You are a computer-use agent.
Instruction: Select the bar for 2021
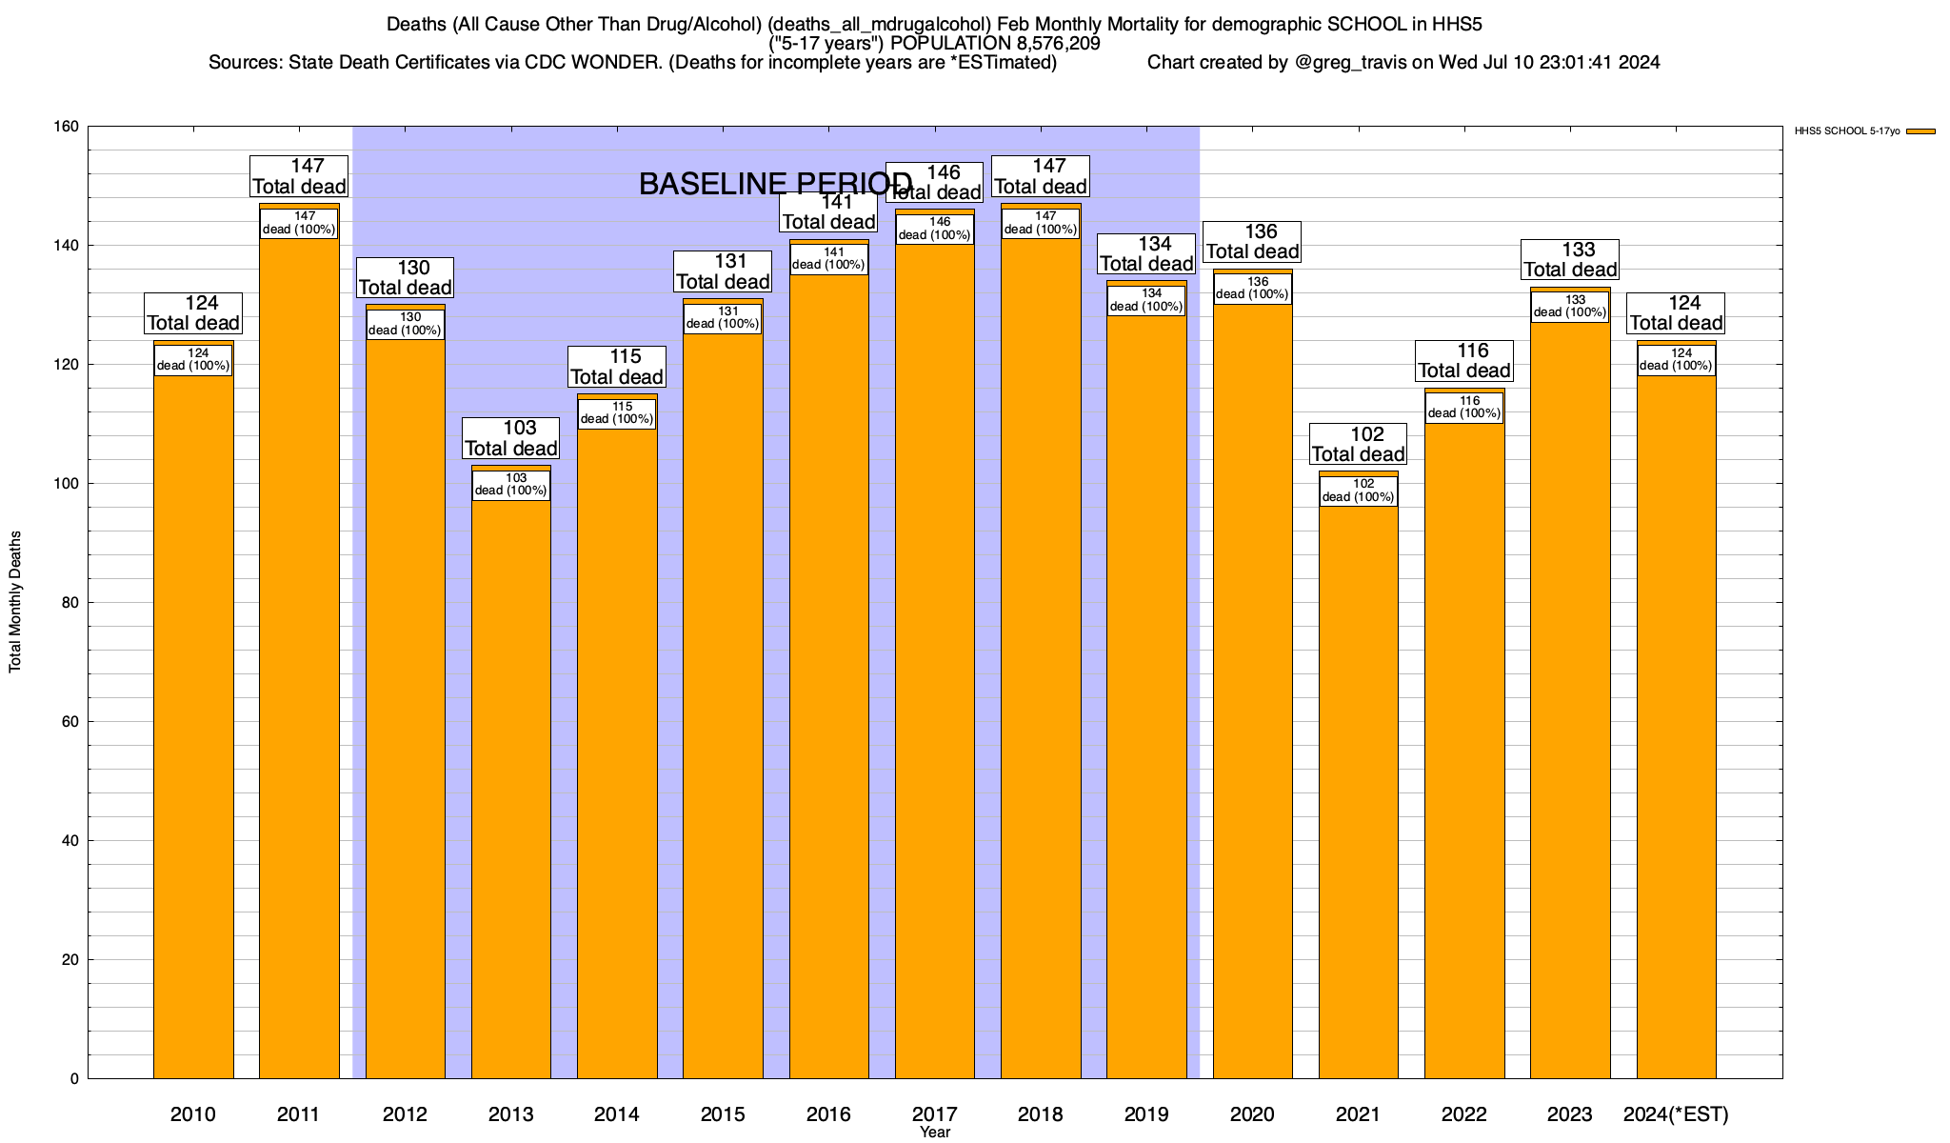[1358, 791]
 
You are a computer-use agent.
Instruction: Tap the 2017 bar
[935, 667]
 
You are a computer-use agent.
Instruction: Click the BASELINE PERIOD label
[775, 184]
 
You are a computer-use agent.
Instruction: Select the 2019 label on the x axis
[1146, 1114]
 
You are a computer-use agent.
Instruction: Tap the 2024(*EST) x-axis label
[1676, 1114]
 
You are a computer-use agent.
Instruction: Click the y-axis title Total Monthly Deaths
[15, 602]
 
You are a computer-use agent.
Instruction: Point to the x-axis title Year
[935, 1133]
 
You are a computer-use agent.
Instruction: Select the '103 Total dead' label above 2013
[511, 438]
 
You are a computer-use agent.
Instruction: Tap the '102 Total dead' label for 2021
[1359, 445]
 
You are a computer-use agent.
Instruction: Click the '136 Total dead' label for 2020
[1253, 242]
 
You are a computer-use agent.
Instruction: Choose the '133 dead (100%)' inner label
[1570, 306]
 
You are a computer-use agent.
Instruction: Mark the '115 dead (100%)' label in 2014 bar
[617, 413]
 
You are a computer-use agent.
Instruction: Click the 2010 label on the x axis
[193, 1114]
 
